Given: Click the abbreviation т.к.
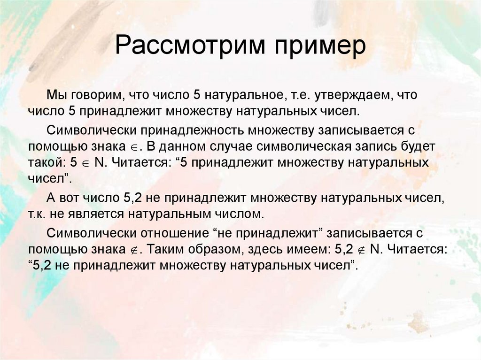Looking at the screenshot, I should (38, 214).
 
